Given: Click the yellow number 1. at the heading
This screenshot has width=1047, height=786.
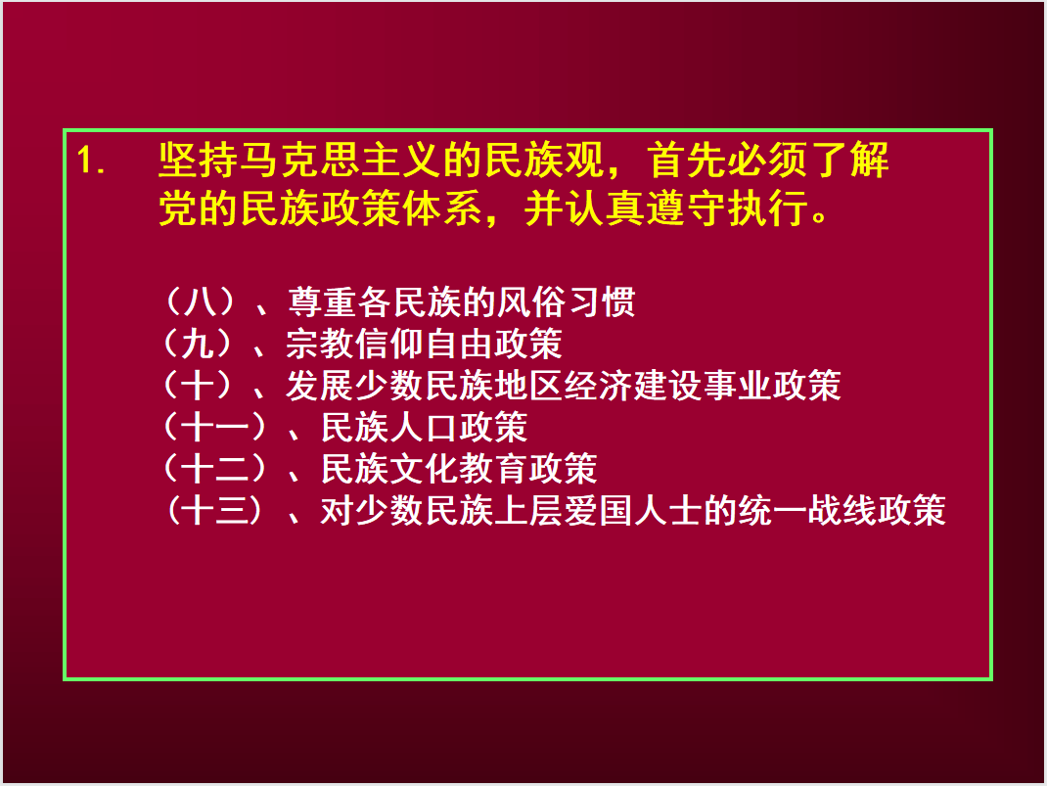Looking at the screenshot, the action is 91,161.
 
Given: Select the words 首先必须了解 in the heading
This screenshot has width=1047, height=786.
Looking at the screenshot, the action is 768,161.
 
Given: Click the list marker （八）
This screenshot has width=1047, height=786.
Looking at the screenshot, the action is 199,301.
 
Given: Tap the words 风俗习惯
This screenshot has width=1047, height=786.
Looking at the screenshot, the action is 567,301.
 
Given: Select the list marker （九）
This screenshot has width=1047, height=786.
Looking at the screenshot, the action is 198,344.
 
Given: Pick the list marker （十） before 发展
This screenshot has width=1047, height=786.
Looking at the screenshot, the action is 198,386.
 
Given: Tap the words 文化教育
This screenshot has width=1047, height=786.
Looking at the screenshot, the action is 459,469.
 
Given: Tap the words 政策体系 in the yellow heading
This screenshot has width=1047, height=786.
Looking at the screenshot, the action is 402,208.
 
